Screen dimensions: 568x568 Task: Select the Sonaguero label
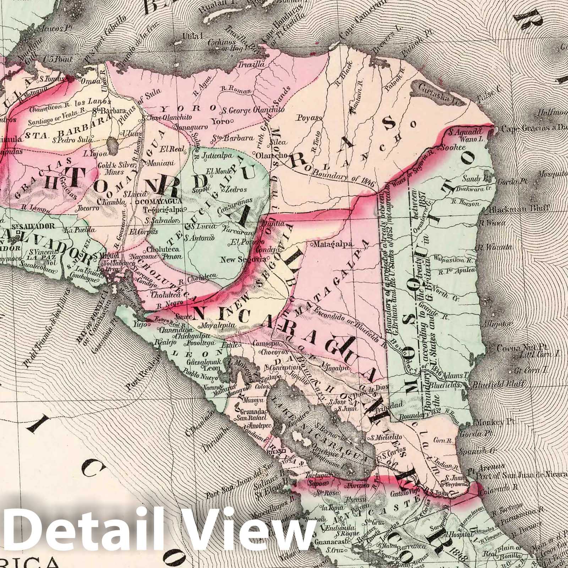[x=189, y=127]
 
